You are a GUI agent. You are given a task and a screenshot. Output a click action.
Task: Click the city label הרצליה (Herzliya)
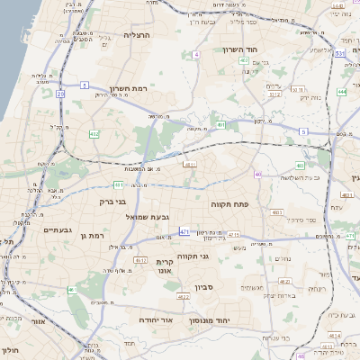pyautogui.click(x=141, y=34)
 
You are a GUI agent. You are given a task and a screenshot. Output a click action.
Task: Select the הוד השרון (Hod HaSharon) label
pyautogui.click(x=240, y=49)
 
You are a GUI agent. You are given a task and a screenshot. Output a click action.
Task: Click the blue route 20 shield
pyautogui.click(x=60, y=93)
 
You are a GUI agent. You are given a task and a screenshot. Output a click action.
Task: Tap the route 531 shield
pyautogui.click(x=340, y=54)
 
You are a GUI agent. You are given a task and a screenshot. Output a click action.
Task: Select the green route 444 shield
pyautogui.click(x=342, y=92)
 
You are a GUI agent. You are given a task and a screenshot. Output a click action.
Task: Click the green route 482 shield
pyautogui.click(x=94, y=134)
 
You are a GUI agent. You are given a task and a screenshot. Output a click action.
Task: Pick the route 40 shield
pyautogui.click(x=259, y=175)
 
